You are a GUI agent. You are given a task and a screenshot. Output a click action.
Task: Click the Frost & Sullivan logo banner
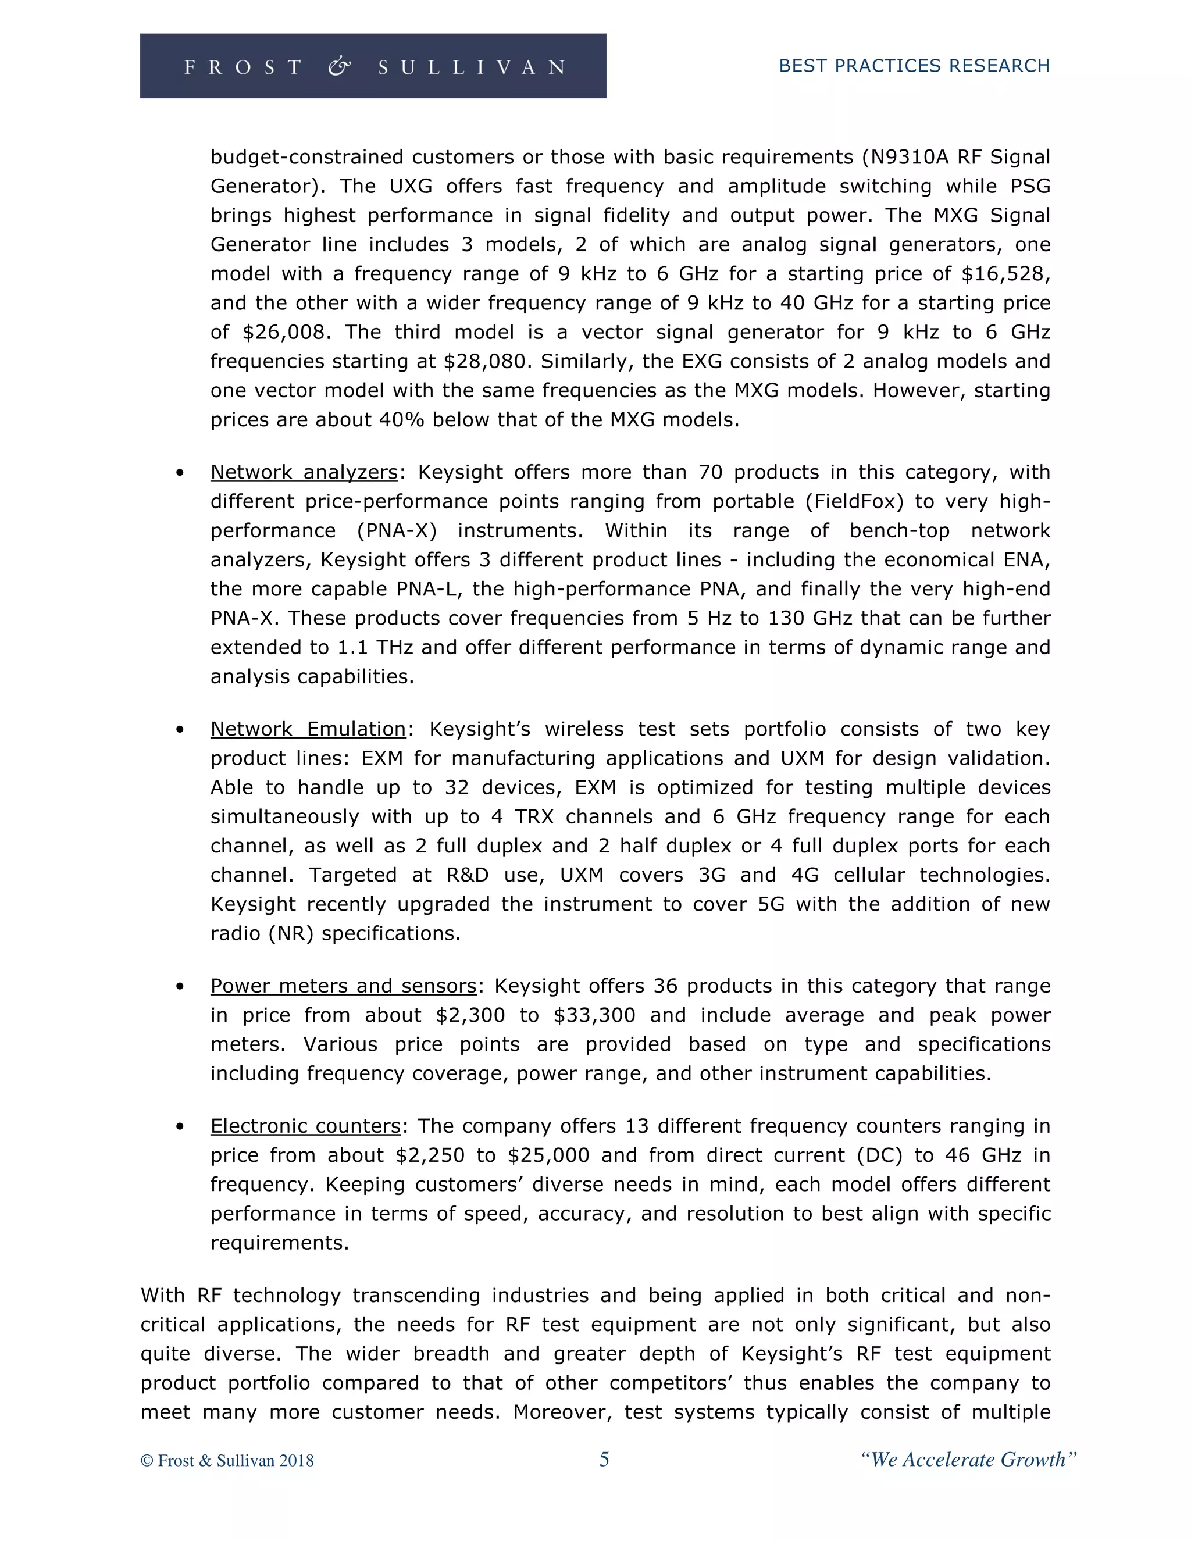pos(373,66)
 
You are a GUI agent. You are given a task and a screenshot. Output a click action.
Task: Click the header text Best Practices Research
pos(914,66)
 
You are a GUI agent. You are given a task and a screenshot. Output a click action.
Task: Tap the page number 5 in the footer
pos(604,1459)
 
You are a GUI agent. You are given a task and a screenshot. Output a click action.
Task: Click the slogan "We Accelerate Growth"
pos(968,1459)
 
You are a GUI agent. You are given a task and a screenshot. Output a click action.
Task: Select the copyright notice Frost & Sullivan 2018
pos(227,1461)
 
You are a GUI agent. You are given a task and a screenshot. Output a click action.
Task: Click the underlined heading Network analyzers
pos(304,472)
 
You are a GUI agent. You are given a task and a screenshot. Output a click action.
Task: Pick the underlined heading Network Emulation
pos(308,729)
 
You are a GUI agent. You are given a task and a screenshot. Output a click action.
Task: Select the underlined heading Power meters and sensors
pos(344,986)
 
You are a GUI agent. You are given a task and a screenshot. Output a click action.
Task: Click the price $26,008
pos(287,332)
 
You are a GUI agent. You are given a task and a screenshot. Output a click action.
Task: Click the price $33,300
pos(594,1015)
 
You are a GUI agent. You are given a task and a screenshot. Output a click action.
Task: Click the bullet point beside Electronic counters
pos(181,1127)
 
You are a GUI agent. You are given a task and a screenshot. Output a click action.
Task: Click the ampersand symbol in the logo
pos(340,66)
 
